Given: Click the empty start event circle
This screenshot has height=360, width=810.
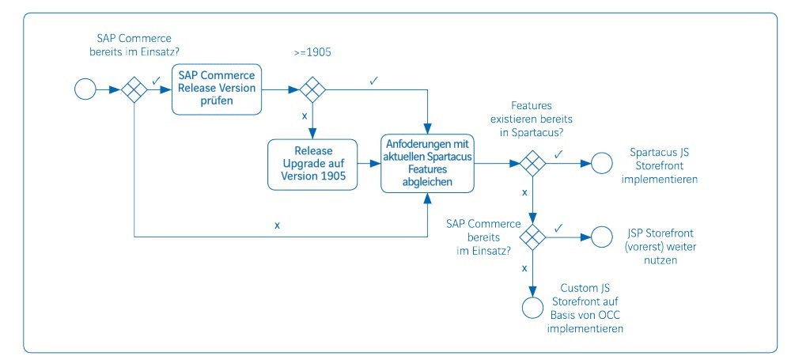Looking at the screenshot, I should coord(85,89).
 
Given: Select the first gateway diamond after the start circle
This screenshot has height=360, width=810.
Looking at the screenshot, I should coord(134,89).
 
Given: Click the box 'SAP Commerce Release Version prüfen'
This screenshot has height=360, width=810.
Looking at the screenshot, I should coord(217,89).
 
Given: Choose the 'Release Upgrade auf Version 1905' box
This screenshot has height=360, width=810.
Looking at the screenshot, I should coord(312,165).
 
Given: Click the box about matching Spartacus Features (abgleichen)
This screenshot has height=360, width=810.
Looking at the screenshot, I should coord(428,164).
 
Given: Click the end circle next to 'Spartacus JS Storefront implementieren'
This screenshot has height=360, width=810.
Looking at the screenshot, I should coord(603,164).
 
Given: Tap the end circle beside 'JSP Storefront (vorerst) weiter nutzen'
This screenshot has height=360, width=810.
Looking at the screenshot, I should coord(603,237).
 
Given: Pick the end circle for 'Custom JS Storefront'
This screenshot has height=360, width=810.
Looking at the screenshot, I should coord(532,308).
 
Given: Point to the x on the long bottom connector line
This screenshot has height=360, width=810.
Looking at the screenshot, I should coord(277,225).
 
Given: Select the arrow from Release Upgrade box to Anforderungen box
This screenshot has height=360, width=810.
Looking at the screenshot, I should coord(369,165).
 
